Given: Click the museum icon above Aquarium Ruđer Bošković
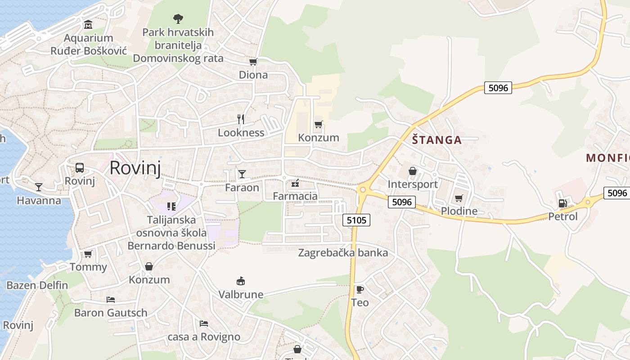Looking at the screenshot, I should [x=88, y=24].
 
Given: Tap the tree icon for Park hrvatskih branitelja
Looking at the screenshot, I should [x=178, y=18].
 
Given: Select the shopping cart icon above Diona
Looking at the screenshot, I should [x=253, y=62].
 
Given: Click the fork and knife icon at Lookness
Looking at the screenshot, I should [x=241, y=119].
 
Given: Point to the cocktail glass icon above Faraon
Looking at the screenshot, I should [x=242, y=174].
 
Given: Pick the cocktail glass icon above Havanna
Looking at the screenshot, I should [x=39, y=187].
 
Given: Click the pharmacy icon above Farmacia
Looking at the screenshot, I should [x=295, y=183].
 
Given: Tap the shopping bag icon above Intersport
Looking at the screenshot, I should [x=412, y=171].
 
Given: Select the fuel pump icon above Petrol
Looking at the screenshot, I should [x=562, y=203].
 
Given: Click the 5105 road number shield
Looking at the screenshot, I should [x=356, y=220].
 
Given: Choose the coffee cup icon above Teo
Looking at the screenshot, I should [x=360, y=289].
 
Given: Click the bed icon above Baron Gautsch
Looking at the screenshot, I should [x=111, y=299].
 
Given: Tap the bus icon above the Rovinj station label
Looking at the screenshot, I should [x=80, y=168].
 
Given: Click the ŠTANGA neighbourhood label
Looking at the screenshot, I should [x=437, y=140].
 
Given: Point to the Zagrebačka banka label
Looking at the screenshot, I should [x=343, y=253].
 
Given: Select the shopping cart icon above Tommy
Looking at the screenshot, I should [x=88, y=254].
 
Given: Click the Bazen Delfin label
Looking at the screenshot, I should [x=37, y=285].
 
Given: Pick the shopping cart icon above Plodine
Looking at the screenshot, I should [x=459, y=198].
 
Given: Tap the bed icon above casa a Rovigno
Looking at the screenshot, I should [x=204, y=324].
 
